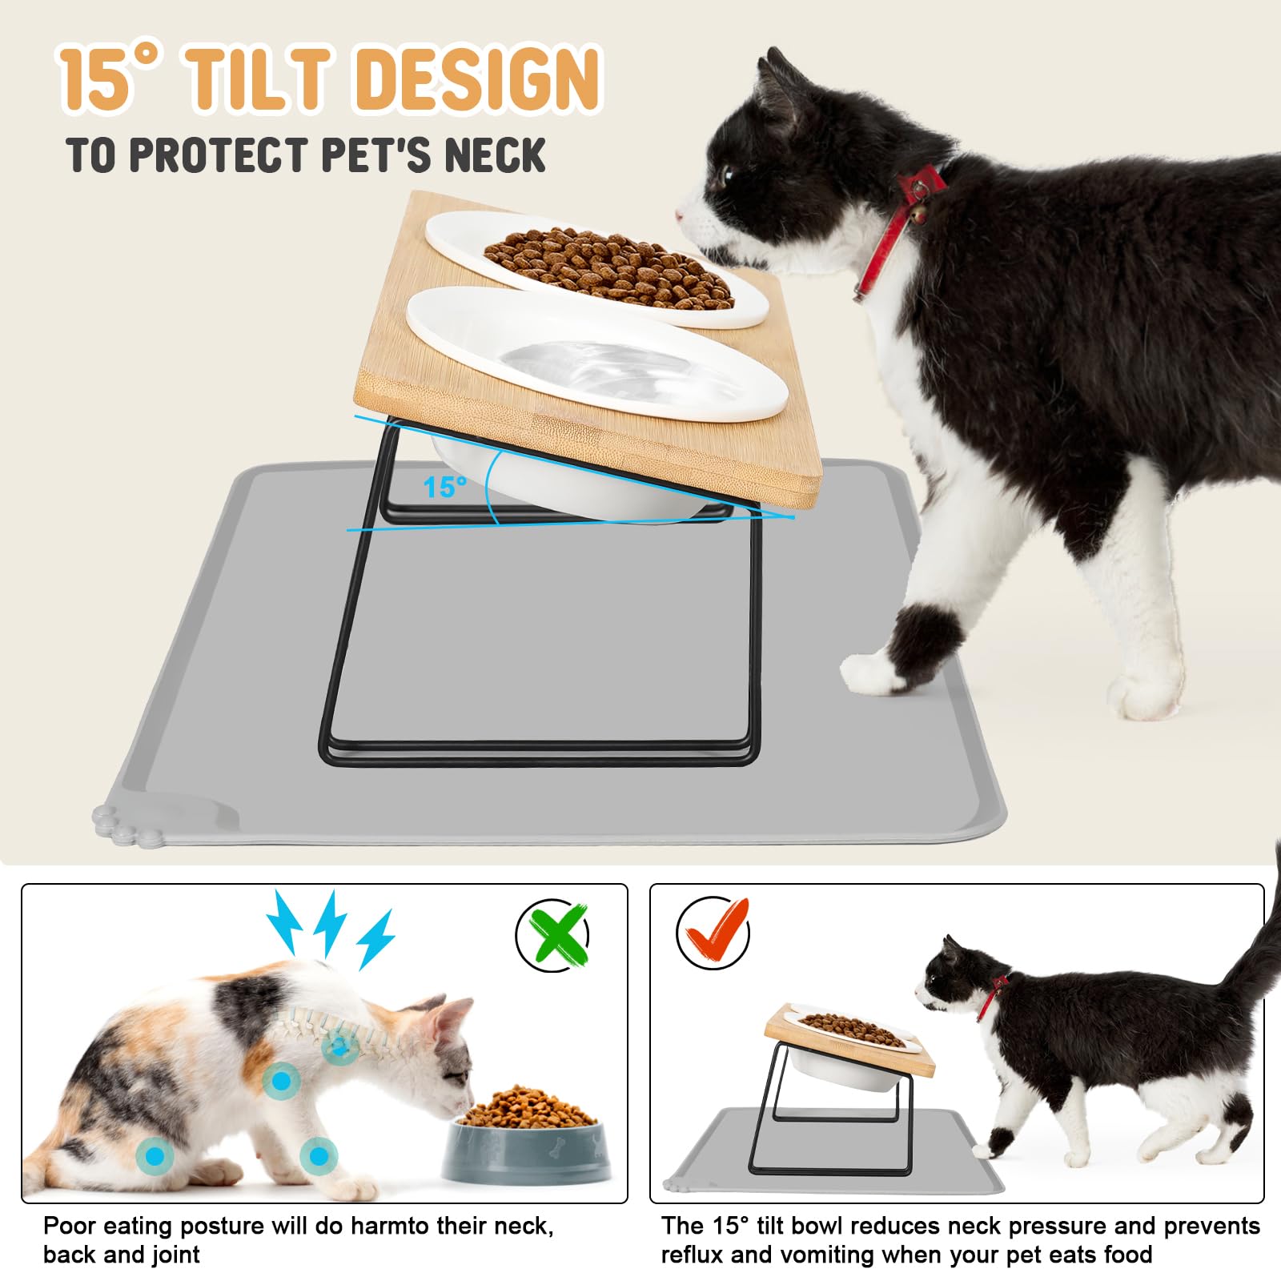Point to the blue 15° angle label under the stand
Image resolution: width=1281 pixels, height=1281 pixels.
pos(444,486)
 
